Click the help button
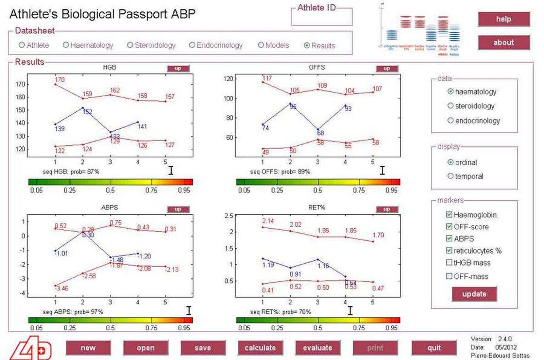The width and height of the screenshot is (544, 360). point(504,19)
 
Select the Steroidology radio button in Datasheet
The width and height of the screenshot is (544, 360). point(130,45)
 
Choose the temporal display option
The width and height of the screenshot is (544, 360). point(451,176)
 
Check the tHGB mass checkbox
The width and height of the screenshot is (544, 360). point(449,262)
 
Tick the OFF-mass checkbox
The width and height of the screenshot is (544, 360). point(449,276)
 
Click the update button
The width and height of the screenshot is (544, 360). point(474,294)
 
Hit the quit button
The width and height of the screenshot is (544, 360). point(434,348)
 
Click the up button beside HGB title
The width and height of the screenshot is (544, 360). point(178,68)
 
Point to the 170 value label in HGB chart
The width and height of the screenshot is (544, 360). point(60,80)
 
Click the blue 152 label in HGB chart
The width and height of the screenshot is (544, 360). point(87,112)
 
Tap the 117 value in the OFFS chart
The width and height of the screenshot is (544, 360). point(267,78)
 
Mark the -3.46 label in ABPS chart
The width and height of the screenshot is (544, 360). point(62,288)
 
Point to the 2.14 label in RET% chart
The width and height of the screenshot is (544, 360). point(268,221)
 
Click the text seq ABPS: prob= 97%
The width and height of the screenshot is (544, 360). point(73,312)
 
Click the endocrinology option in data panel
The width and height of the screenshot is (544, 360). point(451,120)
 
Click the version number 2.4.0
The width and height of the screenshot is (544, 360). point(505,339)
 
